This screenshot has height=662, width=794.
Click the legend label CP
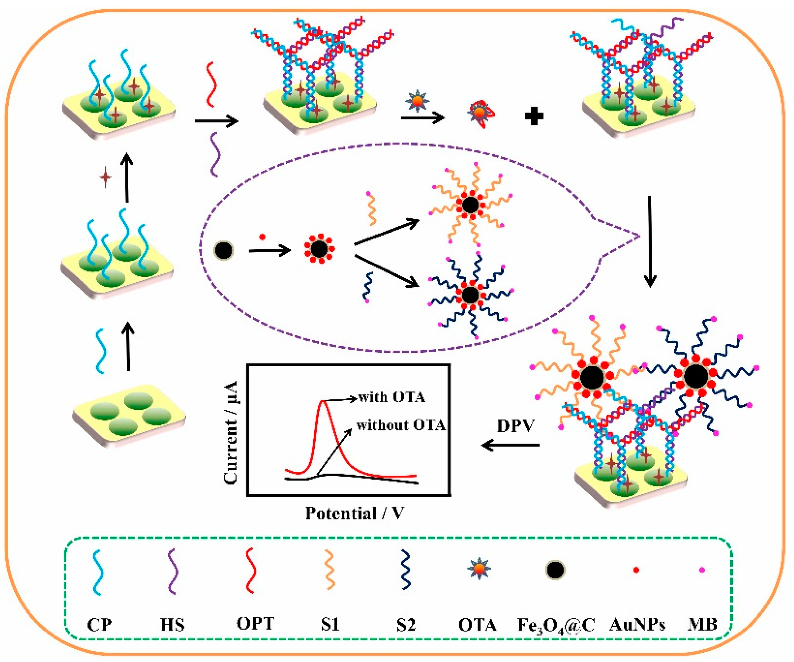click(99, 625)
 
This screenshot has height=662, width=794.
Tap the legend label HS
click(172, 625)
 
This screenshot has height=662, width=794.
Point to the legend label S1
click(330, 625)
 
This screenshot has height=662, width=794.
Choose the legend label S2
click(406, 625)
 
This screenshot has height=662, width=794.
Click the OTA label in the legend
click(478, 625)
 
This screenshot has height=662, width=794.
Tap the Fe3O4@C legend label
click(556, 625)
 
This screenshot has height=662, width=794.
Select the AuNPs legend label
click(638, 625)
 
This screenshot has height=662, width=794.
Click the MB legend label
click(702, 625)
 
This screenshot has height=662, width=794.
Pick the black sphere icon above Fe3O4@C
click(555, 570)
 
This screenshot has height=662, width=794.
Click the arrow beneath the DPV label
click(511, 445)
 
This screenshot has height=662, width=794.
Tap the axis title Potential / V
click(355, 513)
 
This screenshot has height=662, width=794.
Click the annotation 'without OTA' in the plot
click(401, 425)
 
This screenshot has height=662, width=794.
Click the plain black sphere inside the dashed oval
click(223, 250)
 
